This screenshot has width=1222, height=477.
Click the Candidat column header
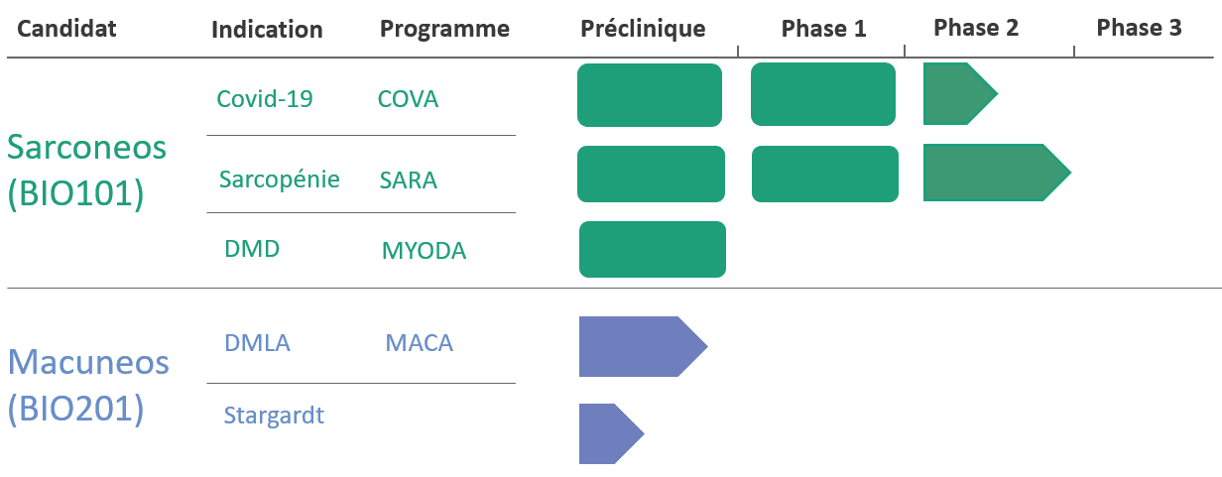[66, 29]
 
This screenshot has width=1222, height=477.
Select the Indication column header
[267, 30]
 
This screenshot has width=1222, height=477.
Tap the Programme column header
[444, 29]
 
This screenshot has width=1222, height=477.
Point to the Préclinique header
[643, 29]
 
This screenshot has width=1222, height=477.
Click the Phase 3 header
[1139, 28]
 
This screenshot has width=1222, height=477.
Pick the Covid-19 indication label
[265, 98]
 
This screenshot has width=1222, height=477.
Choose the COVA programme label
[408, 99]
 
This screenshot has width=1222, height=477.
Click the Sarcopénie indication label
[280, 179]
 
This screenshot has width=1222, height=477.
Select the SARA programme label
[408, 179]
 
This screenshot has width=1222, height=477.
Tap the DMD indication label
[252, 249]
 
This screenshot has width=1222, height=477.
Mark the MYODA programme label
[424, 251]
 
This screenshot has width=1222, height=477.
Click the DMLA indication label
[257, 343]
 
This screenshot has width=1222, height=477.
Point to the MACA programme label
[419, 343]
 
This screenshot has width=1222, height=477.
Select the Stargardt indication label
[274, 416]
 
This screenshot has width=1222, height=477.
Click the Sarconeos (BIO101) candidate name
[86, 171]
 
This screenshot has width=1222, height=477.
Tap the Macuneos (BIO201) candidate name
[88, 386]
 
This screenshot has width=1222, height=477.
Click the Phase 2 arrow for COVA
[960, 94]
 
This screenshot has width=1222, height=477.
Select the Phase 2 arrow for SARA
[997, 173]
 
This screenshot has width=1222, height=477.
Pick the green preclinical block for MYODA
[653, 249]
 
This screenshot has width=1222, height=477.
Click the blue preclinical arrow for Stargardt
[611, 434]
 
